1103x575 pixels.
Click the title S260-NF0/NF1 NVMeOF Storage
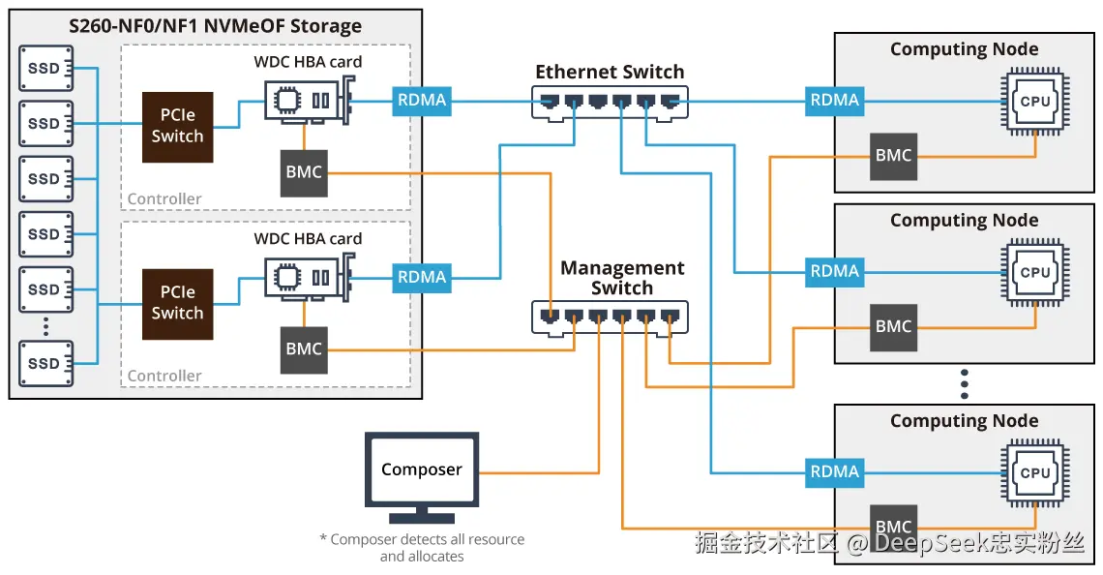click(215, 26)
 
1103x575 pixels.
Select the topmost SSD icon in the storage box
click(44, 69)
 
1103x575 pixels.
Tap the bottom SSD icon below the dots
click(44, 364)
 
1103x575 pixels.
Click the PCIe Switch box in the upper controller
click(177, 127)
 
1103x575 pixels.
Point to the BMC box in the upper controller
click(304, 172)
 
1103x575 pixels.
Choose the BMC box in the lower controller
click(304, 349)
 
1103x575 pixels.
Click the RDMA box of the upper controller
click(421, 100)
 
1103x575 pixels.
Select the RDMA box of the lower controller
click(421, 277)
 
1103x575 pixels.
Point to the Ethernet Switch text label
click(609, 72)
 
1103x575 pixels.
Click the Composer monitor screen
click(421, 470)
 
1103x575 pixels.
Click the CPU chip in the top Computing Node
click(1034, 101)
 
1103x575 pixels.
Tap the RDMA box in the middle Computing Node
click(834, 272)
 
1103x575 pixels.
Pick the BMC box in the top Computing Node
click(893, 155)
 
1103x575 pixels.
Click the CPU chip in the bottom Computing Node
click(1034, 472)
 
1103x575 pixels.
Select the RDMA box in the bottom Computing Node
click(834, 472)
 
